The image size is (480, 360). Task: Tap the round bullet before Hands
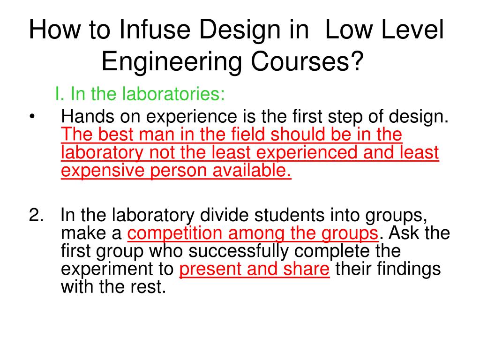[x=32, y=117]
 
